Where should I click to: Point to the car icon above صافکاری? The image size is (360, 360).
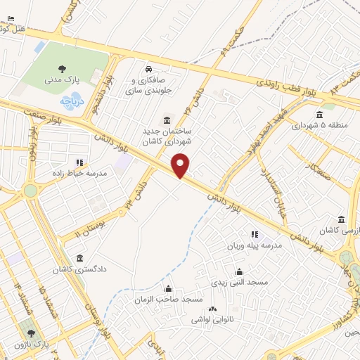tap(149, 69)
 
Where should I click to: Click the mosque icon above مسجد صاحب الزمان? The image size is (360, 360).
tap(168, 288)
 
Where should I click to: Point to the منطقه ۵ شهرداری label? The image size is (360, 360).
tap(320, 126)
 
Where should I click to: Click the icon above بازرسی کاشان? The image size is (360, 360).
tap(342, 219)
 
